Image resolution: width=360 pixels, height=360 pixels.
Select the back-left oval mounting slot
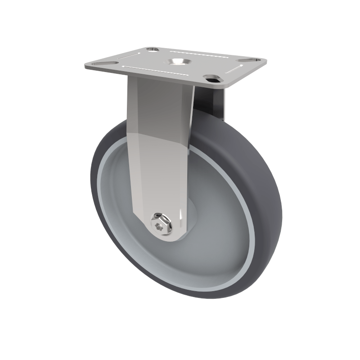coord(152,49)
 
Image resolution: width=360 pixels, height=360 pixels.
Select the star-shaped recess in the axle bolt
coord(158,225)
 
